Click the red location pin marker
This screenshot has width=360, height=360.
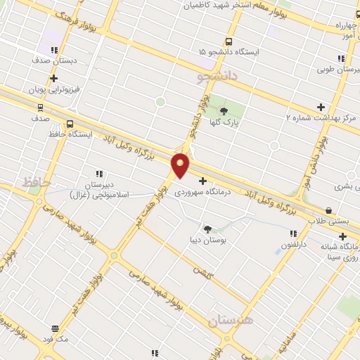tap(181, 165)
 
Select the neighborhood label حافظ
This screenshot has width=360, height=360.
tap(37, 183)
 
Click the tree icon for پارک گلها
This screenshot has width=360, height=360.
tap(224, 110)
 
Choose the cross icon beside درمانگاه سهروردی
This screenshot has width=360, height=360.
tap(203, 181)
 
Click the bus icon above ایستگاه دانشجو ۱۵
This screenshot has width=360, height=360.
tap(228, 41)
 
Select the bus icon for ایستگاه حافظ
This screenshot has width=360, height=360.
tap(69, 124)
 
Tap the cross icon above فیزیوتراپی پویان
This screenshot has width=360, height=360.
tap(53, 78)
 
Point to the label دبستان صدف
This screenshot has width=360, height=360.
tap(51, 61)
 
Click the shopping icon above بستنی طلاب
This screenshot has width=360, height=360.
tap(329, 210)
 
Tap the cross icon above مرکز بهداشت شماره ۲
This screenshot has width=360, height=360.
tap(321, 107)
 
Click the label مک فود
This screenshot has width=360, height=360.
tap(56, 339)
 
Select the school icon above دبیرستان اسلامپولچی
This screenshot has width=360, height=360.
tap(99, 174)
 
